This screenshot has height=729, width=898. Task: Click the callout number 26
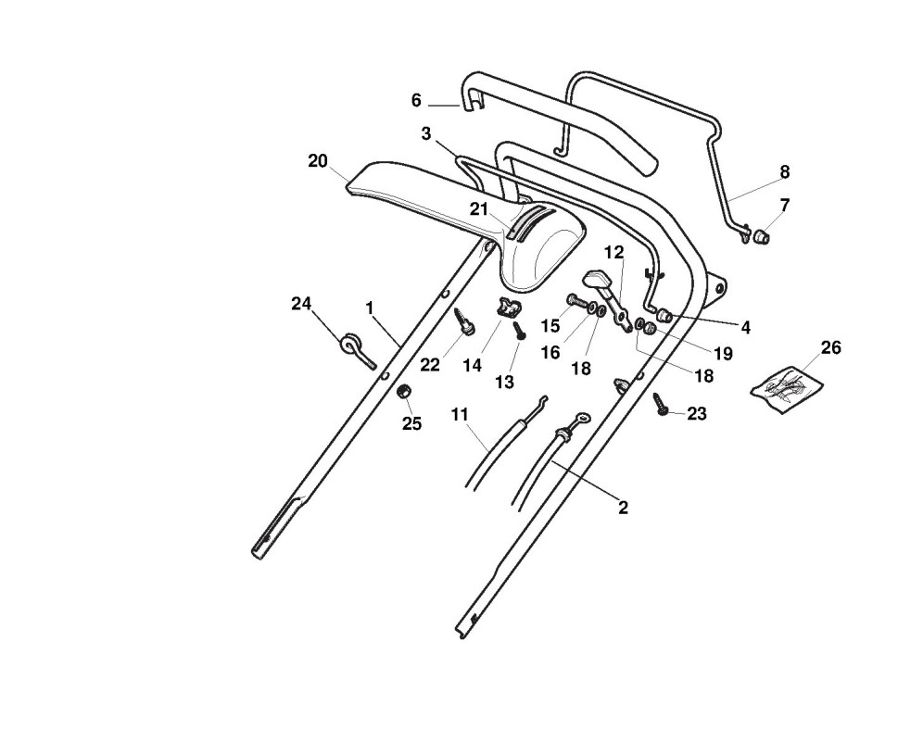click(831, 347)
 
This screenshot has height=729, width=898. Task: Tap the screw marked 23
click(661, 405)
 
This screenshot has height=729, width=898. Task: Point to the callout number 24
click(301, 303)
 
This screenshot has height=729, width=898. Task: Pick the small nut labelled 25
click(404, 394)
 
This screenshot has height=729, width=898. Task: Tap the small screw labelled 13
click(520, 330)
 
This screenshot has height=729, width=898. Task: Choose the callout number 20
click(318, 161)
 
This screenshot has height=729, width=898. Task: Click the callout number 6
click(416, 100)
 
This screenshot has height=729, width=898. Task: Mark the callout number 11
click(460, 414)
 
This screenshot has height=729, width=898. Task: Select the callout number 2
click(623, 508)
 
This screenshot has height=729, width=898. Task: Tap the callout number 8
click(784, 171)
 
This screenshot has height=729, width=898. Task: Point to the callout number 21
click(478, 209)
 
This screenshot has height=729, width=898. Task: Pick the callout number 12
click(614, 252)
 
